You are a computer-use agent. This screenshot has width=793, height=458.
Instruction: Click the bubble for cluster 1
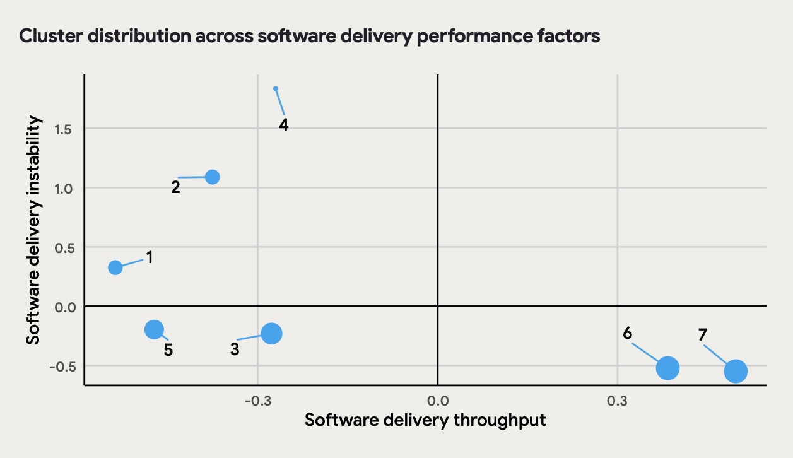point(115,267)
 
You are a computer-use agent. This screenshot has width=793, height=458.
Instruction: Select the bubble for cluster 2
point(213,177)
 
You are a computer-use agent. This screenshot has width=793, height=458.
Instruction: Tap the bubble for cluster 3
point(271,334)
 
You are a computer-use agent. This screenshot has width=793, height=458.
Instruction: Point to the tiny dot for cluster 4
point(276,89)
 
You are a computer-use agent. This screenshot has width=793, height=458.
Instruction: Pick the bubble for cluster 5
point(154,329)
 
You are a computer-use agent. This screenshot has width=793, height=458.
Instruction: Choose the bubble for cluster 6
point(667,368)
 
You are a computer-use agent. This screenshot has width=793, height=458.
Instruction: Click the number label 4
point(284,125)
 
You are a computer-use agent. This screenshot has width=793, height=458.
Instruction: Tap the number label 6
point(628,333)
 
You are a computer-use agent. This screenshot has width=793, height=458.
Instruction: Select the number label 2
point(175,187)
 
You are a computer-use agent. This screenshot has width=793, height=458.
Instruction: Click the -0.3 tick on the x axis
point(257,401)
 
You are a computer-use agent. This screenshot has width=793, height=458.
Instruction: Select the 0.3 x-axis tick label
point(617,401)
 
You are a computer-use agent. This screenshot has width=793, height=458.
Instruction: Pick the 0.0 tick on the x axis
point(437,401)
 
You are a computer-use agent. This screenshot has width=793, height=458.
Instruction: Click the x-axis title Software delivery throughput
point(425,420)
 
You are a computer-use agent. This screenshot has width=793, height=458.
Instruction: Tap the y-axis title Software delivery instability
point(34,230)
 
